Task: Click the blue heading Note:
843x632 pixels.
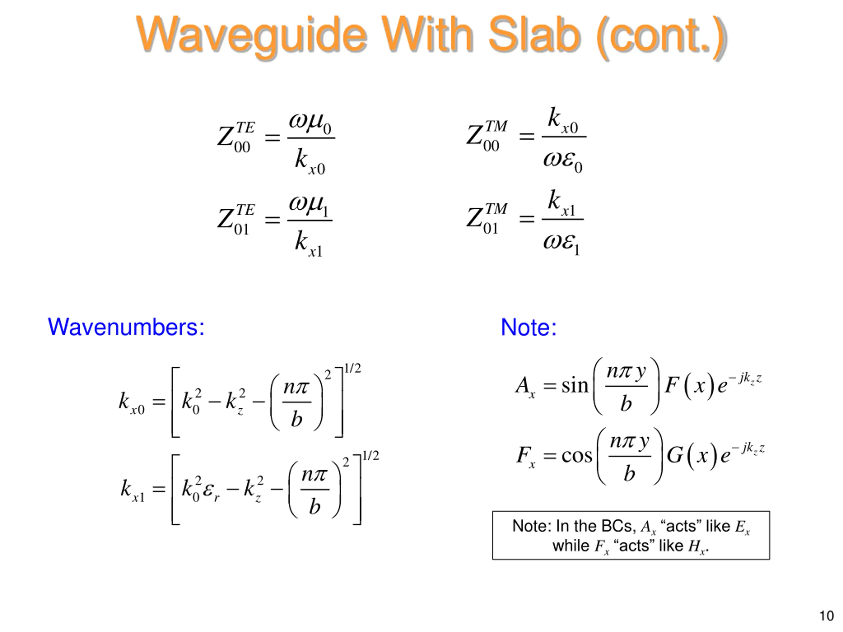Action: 529,327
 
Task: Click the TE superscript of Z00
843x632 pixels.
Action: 245,127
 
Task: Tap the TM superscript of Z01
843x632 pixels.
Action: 496,209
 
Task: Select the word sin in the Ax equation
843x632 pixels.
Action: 575,385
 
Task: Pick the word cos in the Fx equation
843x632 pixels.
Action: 577,455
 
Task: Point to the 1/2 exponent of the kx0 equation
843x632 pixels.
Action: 353,368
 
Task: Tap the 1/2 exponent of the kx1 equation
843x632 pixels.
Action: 370,456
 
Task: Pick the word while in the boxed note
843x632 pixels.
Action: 571,545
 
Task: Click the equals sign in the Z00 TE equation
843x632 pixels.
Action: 272,137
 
